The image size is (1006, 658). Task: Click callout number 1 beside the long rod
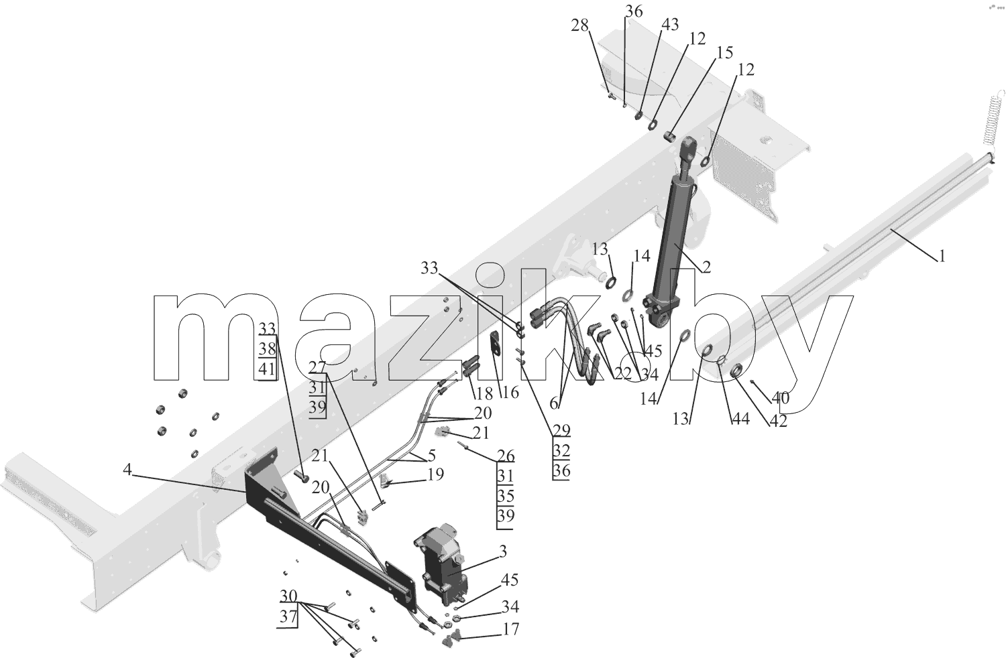[942, 256]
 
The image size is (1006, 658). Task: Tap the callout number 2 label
[706, 267]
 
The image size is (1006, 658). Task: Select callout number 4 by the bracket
[127, 470]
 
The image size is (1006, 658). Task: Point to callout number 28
[580, 25]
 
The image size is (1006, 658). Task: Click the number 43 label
[670, 24]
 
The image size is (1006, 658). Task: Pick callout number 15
[724, 52]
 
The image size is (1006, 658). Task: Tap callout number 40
[781, 397]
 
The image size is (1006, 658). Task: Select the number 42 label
[778, 421]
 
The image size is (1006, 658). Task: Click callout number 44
[741, 419]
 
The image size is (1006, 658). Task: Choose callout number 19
[435, 474]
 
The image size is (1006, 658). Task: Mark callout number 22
[623, 373]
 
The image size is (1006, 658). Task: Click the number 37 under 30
[288, 616]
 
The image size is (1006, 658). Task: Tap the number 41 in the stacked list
[267, 369]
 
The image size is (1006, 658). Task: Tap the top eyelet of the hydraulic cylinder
[689, 147]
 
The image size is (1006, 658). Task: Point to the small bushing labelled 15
[670, 135]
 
